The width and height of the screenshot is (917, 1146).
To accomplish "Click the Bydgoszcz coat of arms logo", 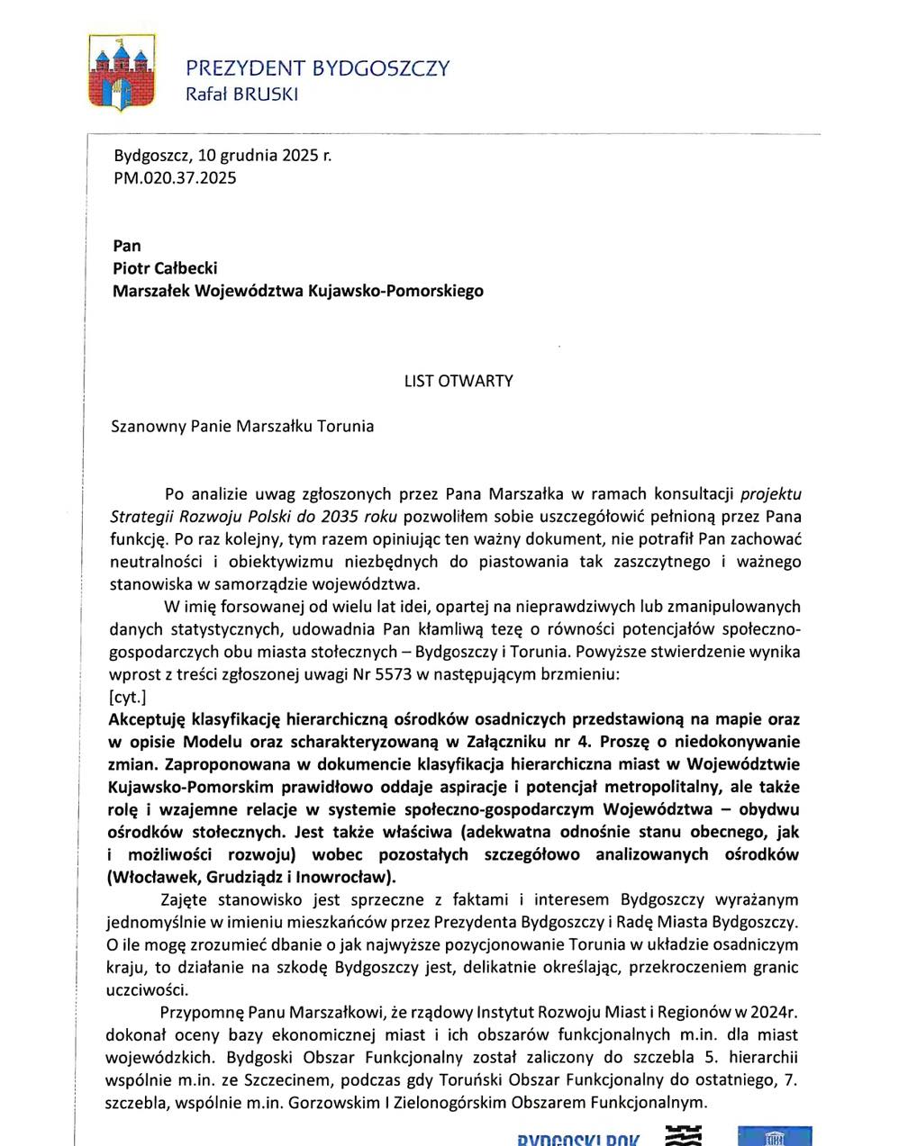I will coord(121,73).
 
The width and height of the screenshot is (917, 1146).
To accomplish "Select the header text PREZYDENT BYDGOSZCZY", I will coord(317,68).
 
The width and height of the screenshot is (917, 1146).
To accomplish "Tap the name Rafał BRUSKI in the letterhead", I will coord(241,94).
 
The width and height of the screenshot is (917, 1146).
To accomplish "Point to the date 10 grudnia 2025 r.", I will coord(264,155).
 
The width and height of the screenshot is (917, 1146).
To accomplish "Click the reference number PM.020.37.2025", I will coord(175,177).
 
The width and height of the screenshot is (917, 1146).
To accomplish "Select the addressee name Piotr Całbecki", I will coord(165,267).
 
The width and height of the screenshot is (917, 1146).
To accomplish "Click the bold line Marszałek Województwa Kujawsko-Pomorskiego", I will coord(297,291).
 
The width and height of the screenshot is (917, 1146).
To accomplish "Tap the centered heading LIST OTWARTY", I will coord(458,381).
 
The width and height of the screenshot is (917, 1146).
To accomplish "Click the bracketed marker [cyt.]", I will coord(127,697).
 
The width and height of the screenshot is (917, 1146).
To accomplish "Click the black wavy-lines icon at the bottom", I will coord(683,1135).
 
